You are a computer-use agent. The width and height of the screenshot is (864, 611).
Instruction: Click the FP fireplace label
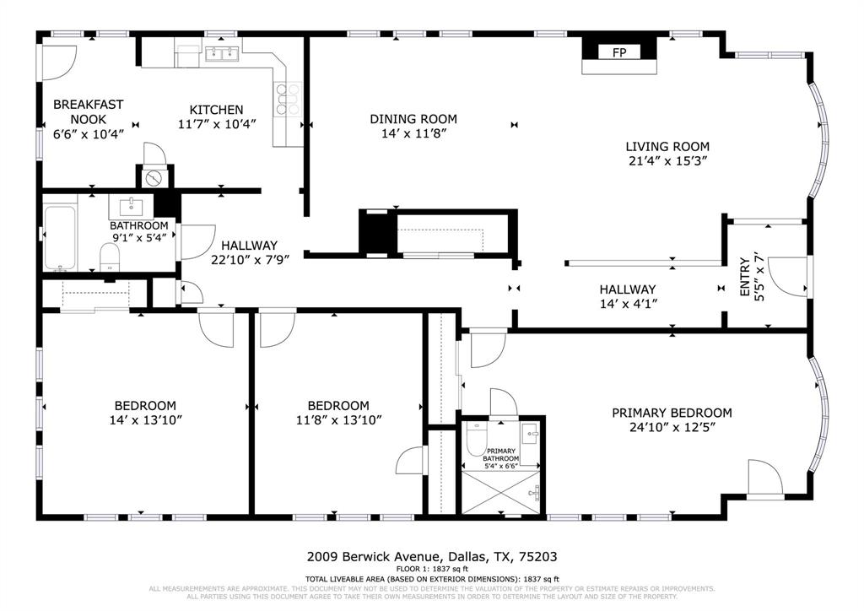tap(618, 53)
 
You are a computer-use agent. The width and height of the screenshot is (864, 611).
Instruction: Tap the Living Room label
tap(667, 146)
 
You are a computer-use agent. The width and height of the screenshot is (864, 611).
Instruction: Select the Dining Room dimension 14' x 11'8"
tap(413, 133)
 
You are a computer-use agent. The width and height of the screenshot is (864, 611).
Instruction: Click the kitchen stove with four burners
tap(288, 99)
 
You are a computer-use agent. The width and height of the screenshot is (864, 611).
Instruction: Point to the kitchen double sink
tap(221, 54)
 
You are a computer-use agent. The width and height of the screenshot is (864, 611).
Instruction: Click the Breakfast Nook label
tap(88, 111)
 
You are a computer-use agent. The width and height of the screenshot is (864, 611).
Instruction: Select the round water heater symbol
tap(154, 179)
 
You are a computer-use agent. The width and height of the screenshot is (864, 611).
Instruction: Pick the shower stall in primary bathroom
tap(502, 490)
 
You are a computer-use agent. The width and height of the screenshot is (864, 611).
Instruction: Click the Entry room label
tap(750, 274)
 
